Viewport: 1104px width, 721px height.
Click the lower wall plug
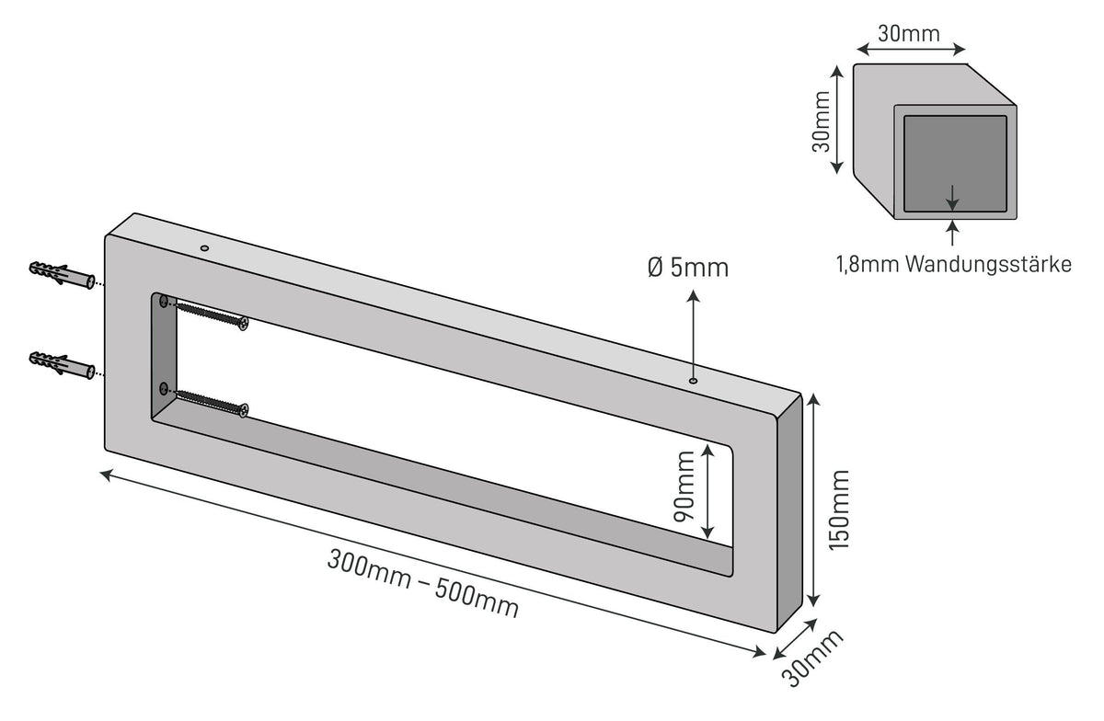63,365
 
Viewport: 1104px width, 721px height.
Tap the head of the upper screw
243,324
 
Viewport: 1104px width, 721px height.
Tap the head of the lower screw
244,410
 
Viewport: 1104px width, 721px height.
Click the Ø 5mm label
688,269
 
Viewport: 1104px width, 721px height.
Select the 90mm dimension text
684,486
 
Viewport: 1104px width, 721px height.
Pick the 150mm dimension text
839,510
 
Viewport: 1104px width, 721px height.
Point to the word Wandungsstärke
989,265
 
